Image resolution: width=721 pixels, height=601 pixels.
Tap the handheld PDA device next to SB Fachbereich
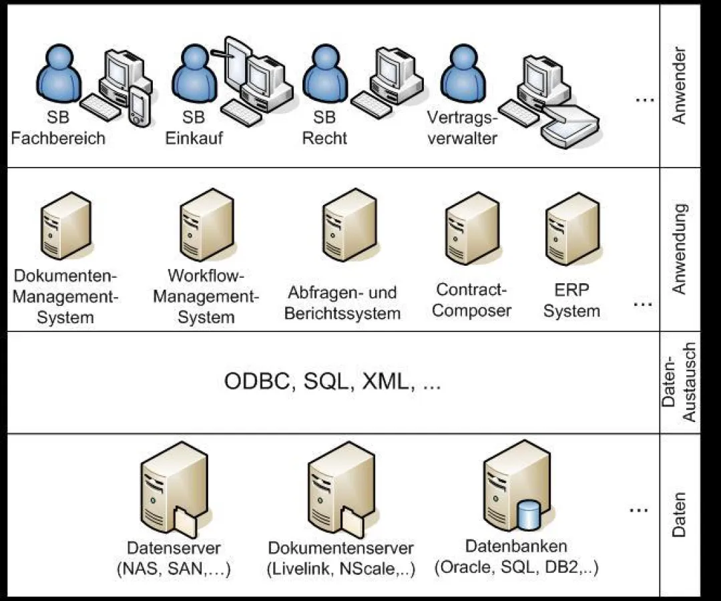140,106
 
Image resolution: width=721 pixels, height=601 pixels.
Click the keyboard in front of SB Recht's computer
371,104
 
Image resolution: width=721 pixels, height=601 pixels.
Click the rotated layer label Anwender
679,85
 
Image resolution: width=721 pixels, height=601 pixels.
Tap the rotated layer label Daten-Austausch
679,383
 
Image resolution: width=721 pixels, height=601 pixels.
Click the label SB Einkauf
194,128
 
